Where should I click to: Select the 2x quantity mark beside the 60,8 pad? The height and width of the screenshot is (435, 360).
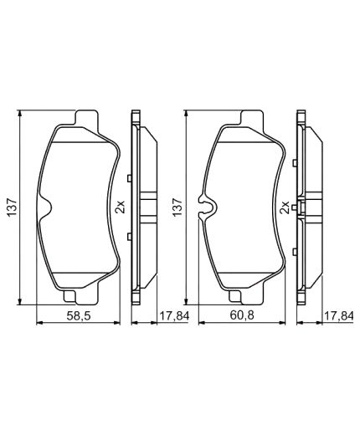point(285,207)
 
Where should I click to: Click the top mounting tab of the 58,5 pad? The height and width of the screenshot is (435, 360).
point(87,119)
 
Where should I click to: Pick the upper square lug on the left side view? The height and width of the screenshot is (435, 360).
point(128,178)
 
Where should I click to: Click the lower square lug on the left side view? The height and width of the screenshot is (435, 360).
point(128,238)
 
